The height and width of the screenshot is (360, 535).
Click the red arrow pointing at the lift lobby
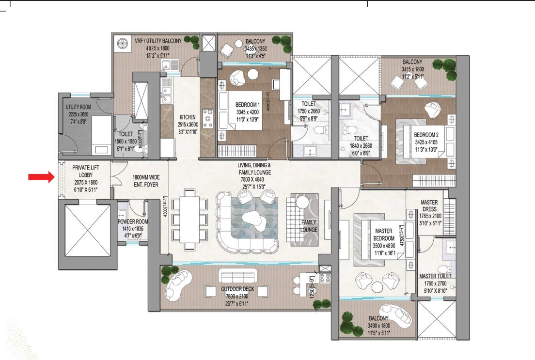(41, 177)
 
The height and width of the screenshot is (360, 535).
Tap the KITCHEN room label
(188, 117)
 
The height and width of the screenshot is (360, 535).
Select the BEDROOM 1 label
(247, 105)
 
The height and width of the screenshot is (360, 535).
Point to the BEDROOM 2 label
(426, 135)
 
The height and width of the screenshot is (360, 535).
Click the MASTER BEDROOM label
(384, 235)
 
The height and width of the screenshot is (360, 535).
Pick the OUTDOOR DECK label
(237, 289)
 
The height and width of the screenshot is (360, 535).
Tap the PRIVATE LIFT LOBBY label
(86, 171)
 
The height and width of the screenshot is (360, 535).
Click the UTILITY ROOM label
(79, 107)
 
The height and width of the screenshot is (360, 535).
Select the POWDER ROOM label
(133, 221)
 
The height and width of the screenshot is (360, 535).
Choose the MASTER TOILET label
(435, 276)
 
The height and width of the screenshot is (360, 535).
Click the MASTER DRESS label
(429, 205)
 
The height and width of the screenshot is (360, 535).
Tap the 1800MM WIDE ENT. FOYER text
(146, 181)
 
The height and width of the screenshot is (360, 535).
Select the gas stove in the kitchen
(208, 118)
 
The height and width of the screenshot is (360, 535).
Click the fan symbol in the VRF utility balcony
(122, 43)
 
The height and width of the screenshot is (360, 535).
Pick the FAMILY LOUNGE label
(309, 226)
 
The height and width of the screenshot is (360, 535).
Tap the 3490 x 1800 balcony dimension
(378, 326)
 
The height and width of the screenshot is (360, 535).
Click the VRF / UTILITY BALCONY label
(158, 41)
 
